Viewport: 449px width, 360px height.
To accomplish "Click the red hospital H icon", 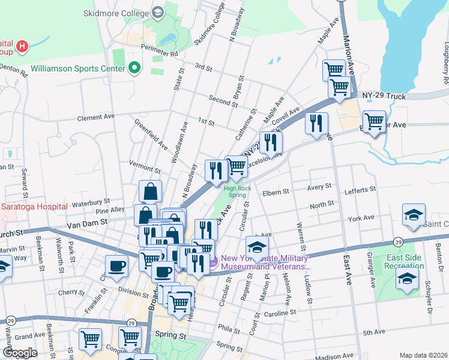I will (x=22, y=46).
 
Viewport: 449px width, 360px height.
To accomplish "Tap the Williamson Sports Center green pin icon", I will (x=134, y=68).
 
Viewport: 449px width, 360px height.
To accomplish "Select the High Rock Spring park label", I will (x=238, y=191).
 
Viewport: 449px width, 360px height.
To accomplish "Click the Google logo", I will (x=20, y=352).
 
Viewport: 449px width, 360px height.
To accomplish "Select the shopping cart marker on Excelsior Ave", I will (x=236, y=167).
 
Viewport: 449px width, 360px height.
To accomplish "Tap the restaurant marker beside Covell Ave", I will (x=271, y=142).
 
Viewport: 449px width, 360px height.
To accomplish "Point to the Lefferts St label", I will (x=360, y=189).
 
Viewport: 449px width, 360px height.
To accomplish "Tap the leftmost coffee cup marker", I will (x=116, y=266).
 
